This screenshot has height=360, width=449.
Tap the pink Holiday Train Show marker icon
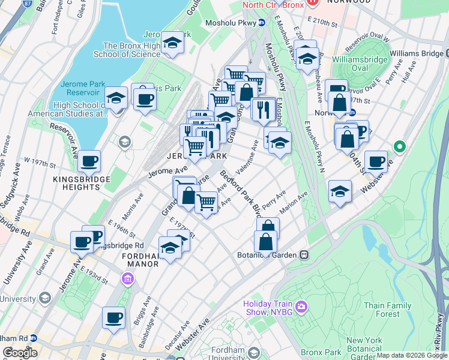pyautogui.click(x=301, y=308)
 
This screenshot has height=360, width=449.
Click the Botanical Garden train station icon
pyautogui.click(x=304, y=255)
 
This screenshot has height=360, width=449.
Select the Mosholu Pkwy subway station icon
pyautogui.click(x=262, y=23)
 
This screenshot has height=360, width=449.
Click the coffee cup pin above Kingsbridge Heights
pyautogui.click(x=89, y=161)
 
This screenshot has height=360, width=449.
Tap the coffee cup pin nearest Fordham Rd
pyautogui.click(x=113, y=318)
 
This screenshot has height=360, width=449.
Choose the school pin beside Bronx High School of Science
pyautogui.click(x=173, y=43)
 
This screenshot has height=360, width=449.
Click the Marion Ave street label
pyautogui.click(x=294, y=202)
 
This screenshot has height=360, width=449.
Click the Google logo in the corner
pyautogui.click(x=20, y=352)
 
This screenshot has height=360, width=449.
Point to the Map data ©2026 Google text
pyautogui.click(x=411, y=355)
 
